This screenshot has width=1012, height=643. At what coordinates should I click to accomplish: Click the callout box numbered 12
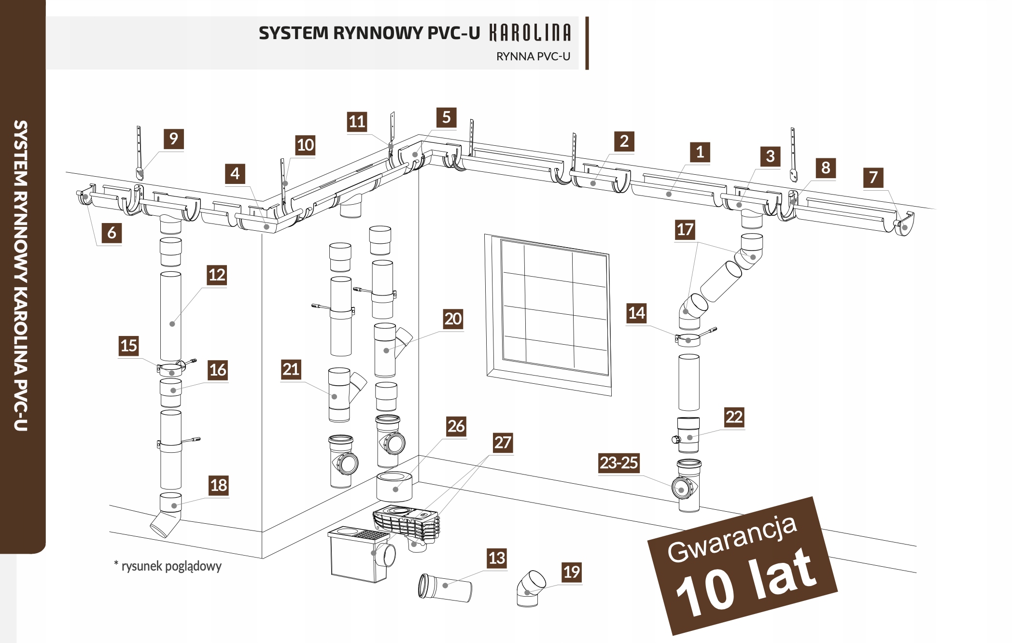tap(217, 275)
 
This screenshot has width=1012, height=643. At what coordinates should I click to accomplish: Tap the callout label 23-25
tap(618, 462)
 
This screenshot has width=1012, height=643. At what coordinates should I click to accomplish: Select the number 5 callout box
tap(446, 117)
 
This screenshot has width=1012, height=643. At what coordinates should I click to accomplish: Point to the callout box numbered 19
tap(571, 572)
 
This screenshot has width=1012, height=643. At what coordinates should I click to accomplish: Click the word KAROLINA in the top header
tap(530, 33)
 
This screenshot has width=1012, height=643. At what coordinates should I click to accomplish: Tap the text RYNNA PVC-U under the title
tap(533, 56)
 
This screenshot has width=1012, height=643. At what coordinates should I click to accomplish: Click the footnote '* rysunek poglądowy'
tap(168, 566)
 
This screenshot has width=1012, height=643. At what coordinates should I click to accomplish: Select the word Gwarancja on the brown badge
tap(731, 540)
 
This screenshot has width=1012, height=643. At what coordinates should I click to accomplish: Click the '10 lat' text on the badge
tap(746, 585)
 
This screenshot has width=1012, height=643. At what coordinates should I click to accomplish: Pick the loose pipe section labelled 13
tap(445, 587)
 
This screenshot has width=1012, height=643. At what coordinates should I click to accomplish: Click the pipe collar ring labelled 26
tap(394, 487)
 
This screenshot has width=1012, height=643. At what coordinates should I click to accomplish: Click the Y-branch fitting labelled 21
tap(340, 395)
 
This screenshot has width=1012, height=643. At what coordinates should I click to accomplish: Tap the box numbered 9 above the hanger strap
tap(173, 139)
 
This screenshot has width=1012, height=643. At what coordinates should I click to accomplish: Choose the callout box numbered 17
tap(685, 229)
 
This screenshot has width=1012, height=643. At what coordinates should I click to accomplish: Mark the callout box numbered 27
tap(502, 442)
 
